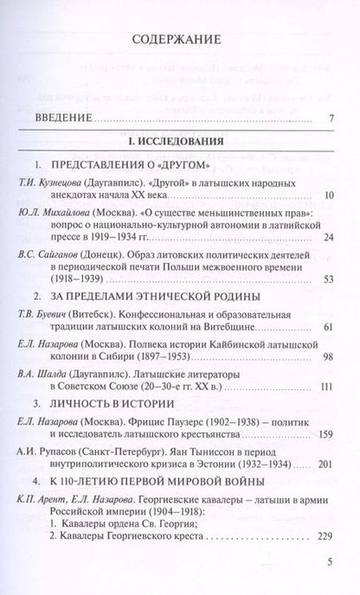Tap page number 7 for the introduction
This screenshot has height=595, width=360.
tap(331, 119)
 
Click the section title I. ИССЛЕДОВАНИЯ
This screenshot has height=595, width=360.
tap(179, 140)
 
